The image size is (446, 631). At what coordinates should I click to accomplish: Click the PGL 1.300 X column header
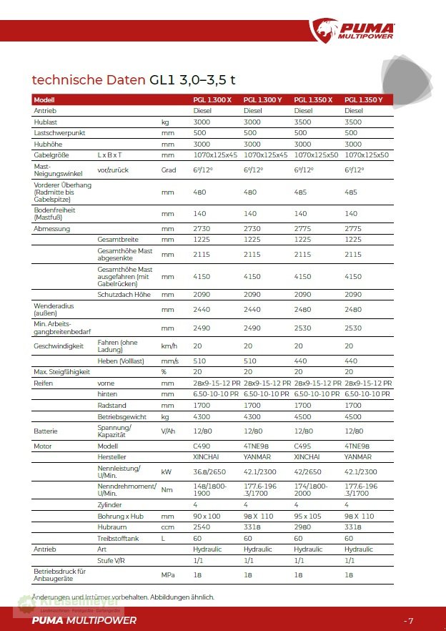(212, 99)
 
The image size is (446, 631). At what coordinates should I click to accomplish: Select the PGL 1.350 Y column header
(364, 99)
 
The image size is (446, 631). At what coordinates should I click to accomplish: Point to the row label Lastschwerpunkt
(60, 133)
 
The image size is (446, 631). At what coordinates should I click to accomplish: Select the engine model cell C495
(302, 445)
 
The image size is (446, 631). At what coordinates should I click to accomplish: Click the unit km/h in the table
(169, 346)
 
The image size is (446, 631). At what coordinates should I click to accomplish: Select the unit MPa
(169, 574)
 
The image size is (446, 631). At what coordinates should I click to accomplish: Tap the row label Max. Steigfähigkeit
(61, 371)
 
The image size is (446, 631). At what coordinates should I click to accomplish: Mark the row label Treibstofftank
(118, 538)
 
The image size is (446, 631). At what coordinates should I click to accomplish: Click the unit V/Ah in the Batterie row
(169, 431)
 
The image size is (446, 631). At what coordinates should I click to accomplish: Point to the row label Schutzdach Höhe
(124, 295)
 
